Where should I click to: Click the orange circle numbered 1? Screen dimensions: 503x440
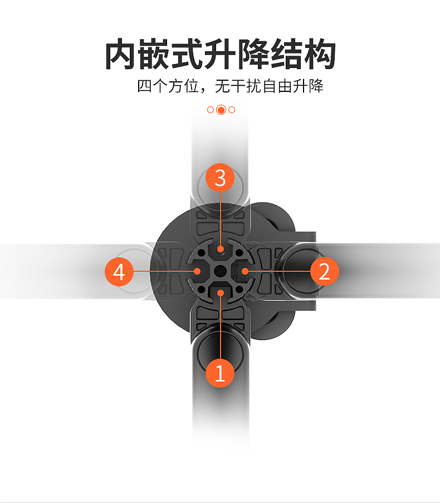click(x=220, y=372)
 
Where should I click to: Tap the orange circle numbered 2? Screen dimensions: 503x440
click(x=324, y=271)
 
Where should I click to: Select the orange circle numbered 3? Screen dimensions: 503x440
click(x=220, y=178)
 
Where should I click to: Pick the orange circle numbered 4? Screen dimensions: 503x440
click(x=119, y=272)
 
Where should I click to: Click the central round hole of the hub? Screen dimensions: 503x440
click(x=221, y=271)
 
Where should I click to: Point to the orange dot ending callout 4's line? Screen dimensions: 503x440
click(x=198, y=271)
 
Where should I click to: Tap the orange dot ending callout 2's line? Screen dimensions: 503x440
click(x=243, y=271)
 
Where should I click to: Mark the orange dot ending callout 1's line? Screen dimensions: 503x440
click(x=221, y=293)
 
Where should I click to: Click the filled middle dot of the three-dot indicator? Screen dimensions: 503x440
click(x=221, y=110)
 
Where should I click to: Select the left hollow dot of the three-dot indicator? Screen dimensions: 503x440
click(x=210, y=110)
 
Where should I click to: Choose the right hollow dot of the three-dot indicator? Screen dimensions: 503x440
click(x=232, y=110)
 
